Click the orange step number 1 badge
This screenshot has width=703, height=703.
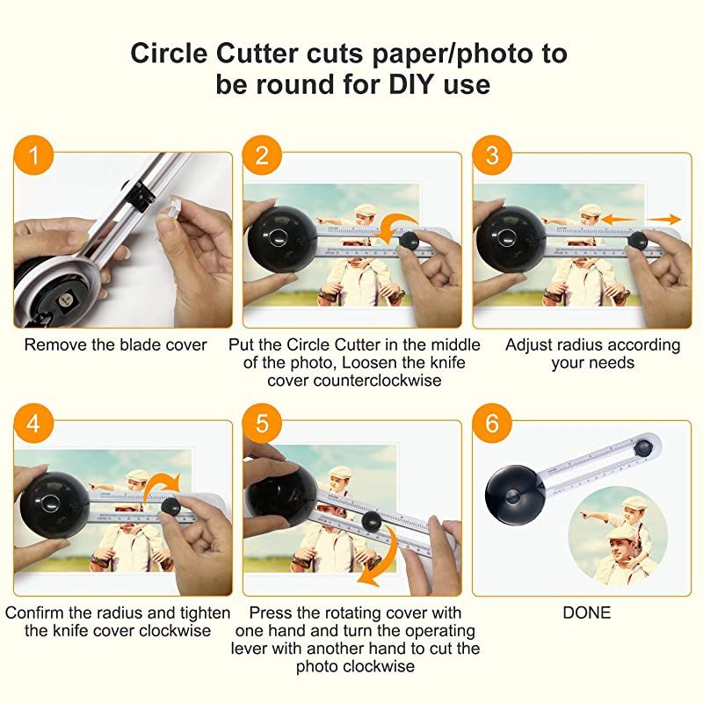pyautogui.click(x=33, y=156)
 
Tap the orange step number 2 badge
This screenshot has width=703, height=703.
pyautogui.click(x=262, y=156)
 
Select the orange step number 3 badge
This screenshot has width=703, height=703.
pyautogui.click(x=492, y=156)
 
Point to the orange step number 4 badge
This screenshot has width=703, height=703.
pyautogui.click(x=33, y=423)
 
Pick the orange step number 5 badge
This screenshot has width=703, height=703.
pyautogui.click(x=262, y=423)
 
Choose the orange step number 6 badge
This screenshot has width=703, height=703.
pyautogui.click(x=492, y=423)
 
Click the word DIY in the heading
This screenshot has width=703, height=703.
pyautogui.click(x=411, y=83)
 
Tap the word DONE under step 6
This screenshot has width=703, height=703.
pyautogui.click(x=586, y=612)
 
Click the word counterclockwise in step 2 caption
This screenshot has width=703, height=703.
pyautogui.click(x=378, y=380)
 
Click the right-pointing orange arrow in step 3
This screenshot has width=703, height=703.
pyautogui.click(x=664, y=219)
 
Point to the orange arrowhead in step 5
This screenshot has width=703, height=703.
pyautogui.click(x=370, y=577)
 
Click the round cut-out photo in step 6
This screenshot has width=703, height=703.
pyautogui.click(x=618, y=537)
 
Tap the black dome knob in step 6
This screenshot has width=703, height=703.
pyautogui.click(x=515, y=495)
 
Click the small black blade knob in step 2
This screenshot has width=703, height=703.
pyautogui.click(x=409, y=240)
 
